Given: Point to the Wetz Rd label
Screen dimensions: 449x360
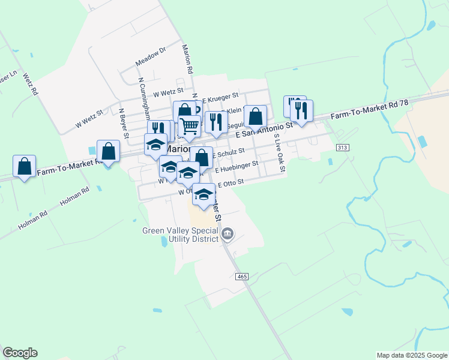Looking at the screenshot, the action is point(31,83).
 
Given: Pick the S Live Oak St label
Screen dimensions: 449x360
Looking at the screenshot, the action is point(279,154).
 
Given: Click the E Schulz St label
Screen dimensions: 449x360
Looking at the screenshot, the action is point(228,154).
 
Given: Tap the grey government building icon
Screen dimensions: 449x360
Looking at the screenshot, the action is point(228,234).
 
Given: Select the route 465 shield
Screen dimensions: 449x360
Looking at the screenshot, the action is point(242,276).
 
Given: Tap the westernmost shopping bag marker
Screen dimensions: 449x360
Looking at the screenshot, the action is point(24,166).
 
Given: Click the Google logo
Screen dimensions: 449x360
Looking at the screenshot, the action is point(20,353).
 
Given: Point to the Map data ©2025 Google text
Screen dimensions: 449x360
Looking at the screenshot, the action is point(411,355).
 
